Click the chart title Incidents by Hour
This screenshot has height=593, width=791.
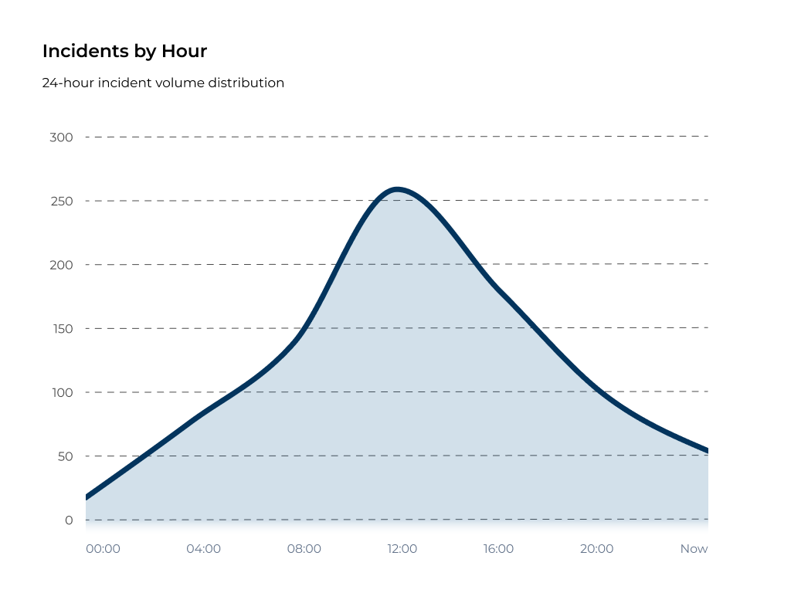124,52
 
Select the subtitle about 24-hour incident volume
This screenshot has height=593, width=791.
163,83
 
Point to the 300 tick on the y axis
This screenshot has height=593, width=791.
61,137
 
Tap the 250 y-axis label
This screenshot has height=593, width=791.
61,202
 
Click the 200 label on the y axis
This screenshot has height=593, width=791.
61,265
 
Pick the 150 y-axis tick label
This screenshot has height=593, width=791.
61,329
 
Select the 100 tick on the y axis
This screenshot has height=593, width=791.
61,392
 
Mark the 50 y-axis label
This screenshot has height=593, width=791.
64,456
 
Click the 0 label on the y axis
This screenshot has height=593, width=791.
69,520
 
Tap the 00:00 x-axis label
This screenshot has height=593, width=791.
103,549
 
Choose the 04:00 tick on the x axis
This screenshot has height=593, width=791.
203,549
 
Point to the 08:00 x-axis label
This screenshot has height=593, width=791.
304,549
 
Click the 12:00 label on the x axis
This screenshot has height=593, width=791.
402,549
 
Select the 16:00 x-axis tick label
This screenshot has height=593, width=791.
498,549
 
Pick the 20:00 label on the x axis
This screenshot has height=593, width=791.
596,549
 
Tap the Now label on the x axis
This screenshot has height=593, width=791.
694,549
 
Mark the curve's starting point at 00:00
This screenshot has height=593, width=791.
87,497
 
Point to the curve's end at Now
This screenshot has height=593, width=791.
707,451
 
